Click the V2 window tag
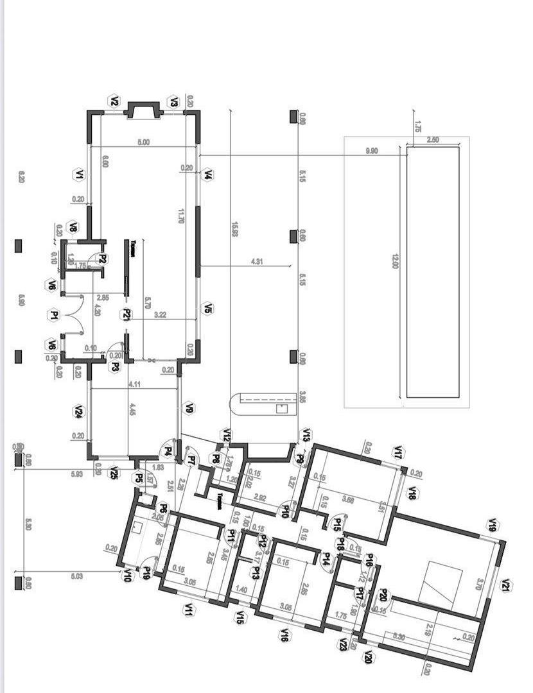tap(114, 101)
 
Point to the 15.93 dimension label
tap(236, 229)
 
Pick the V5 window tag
tap(207, 309)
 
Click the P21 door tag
tap(127, 314)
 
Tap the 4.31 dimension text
tap(256, 262)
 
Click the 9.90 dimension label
tap(371, 151)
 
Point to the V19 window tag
tap(493, 526)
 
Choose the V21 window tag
tap(506, 585)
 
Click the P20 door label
tap(383, 596)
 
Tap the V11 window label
tap(189, 610)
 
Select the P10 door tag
tap(285, 511)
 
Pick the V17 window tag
tap(398, 452)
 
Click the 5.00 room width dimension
tap(143, 142)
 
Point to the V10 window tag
tap(127, 576)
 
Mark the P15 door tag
tap(336, 523)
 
